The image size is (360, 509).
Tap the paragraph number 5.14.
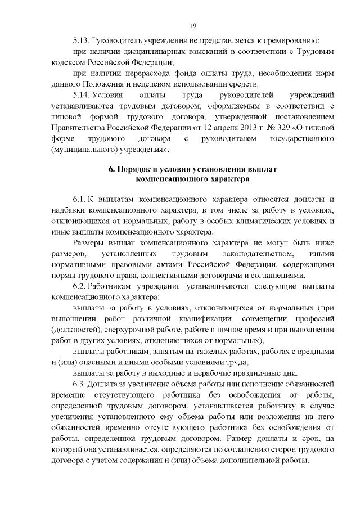pos(81,95)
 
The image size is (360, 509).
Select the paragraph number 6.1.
pos(80,200)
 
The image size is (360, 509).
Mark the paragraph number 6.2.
pos(80,286)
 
